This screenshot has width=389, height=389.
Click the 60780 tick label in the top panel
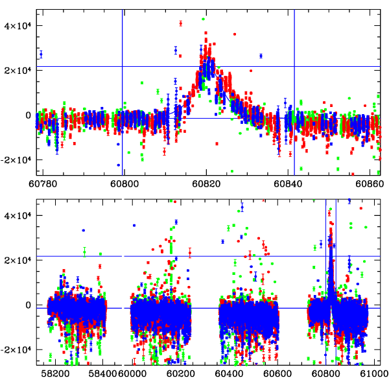coord(42,183)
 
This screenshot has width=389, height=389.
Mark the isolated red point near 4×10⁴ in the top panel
coord(181,23)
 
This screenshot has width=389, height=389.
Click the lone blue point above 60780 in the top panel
coord(41,54)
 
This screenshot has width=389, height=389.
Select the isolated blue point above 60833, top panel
coord(261,56)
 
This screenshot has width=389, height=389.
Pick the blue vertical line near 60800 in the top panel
coord(122,91)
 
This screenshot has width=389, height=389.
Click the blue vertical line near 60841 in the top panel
coord(294,91)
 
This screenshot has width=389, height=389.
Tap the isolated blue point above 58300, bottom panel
coord(84,230)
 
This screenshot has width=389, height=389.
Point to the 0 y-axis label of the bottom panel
coord(28,305)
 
